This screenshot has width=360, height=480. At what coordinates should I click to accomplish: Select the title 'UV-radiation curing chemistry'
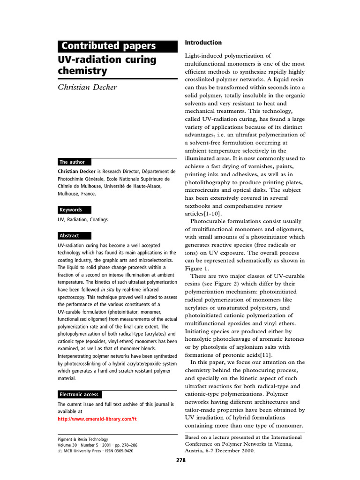click(107, 66)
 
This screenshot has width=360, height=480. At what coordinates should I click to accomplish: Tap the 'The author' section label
click(72, 162)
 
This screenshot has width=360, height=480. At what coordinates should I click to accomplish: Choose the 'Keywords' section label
click(71, 210)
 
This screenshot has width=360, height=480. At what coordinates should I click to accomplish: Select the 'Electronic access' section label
click(79, 394)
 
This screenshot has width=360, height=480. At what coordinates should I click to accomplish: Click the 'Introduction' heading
click(203, 43)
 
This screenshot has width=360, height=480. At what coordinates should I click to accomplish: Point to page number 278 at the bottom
click(181, 460)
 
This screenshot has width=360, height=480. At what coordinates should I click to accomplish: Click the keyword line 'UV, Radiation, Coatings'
click(82, 220)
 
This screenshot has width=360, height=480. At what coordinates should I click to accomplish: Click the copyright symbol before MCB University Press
click(60, 451)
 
